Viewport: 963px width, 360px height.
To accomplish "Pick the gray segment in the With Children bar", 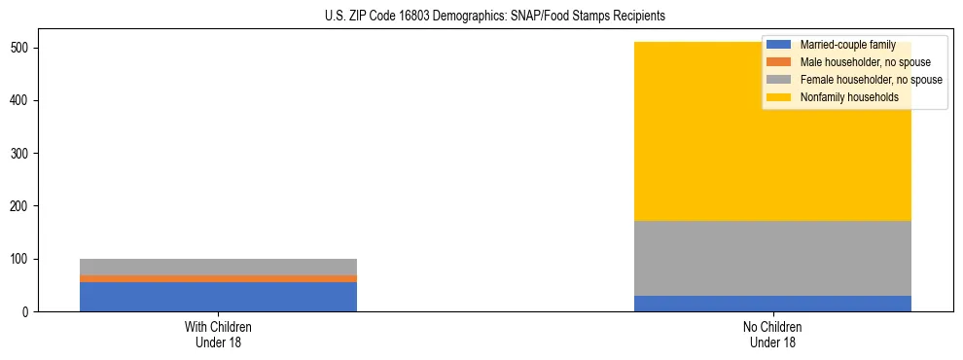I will (x=218, y=267).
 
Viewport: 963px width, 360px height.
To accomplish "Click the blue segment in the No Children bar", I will (x=772, y=304).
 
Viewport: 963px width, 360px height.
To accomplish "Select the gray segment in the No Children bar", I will (x=772, y=258).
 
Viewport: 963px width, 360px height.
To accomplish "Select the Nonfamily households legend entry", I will (x=849, y=97).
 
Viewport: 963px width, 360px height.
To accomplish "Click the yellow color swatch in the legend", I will (x=779, y=97).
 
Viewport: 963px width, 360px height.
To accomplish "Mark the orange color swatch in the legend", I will (x=779, y=62).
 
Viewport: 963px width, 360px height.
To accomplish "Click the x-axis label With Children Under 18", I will (x=218, y=335).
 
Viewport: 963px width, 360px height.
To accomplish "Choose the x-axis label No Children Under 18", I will (x=772, y=335).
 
